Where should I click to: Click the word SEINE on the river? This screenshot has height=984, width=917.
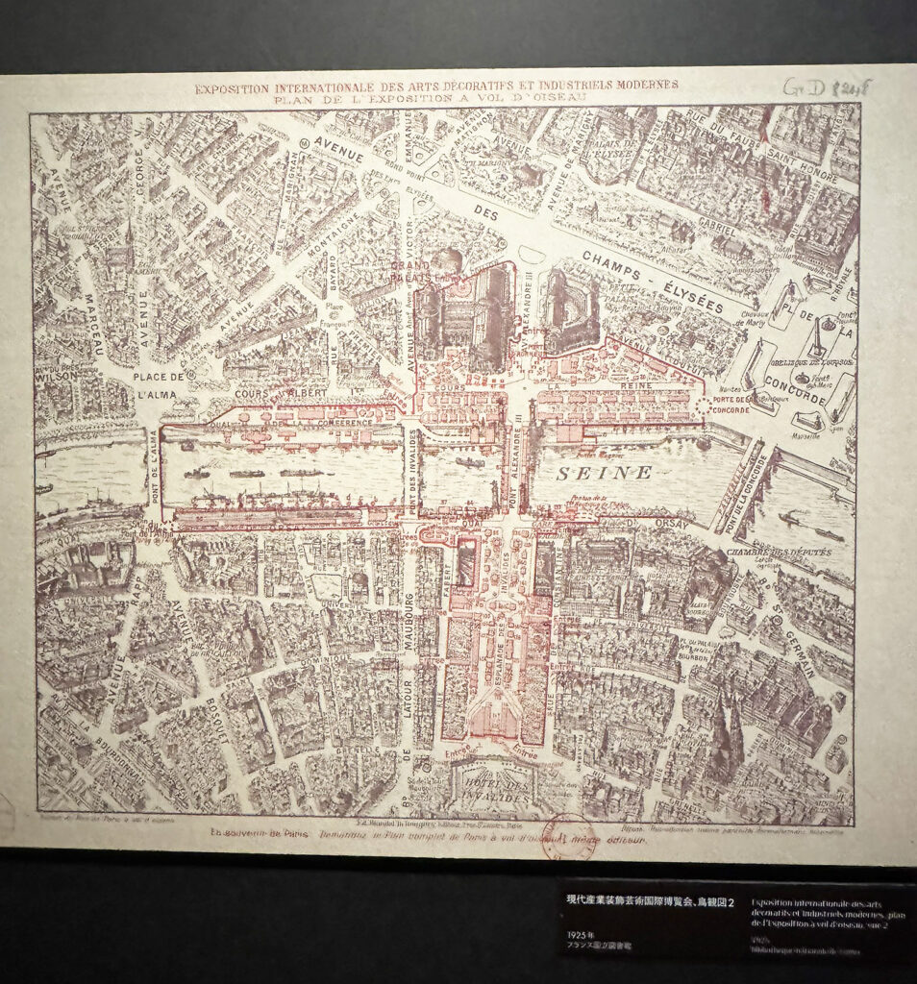point(603,473)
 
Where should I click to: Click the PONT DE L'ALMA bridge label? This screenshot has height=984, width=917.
point(153,472)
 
